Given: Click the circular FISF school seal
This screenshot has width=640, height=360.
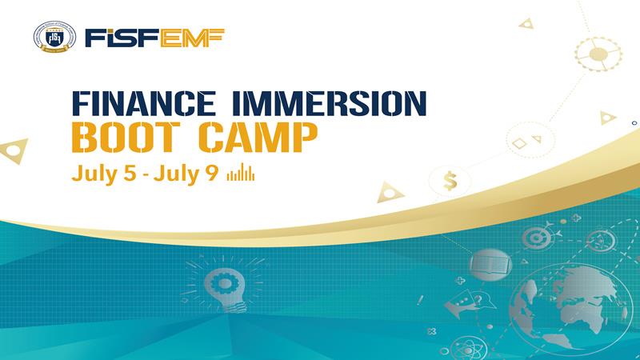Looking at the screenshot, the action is [x=54, y=37].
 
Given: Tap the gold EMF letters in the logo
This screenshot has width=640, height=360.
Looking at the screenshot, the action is [x=192, y=38].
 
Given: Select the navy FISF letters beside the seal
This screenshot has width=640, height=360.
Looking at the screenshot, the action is [x=122, y=38].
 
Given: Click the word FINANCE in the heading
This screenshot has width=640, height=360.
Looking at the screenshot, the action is [x=144, y=103].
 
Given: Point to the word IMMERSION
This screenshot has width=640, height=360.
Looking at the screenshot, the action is [x=329, y=103].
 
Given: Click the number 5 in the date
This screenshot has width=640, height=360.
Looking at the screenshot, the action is [x=130, y=173].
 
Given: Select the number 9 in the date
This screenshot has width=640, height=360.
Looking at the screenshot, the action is [x=212, y=173].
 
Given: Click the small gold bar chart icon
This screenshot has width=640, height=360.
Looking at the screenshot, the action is [x=241, y=172].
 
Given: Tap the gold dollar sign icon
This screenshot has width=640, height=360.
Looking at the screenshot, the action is [x=450, y=181].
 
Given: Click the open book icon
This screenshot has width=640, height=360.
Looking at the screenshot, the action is [x=490, y=265].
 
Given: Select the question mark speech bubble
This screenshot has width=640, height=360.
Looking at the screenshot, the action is [x=479, y=302].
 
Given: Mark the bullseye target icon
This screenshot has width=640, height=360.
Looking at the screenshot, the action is [x=536, y=238].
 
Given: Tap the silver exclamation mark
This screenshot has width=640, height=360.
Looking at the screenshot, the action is [x=421, y=301].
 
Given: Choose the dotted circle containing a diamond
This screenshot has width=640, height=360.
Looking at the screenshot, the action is [x=530, y=141].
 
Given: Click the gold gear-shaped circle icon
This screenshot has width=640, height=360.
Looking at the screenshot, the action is [x=598, y=54].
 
